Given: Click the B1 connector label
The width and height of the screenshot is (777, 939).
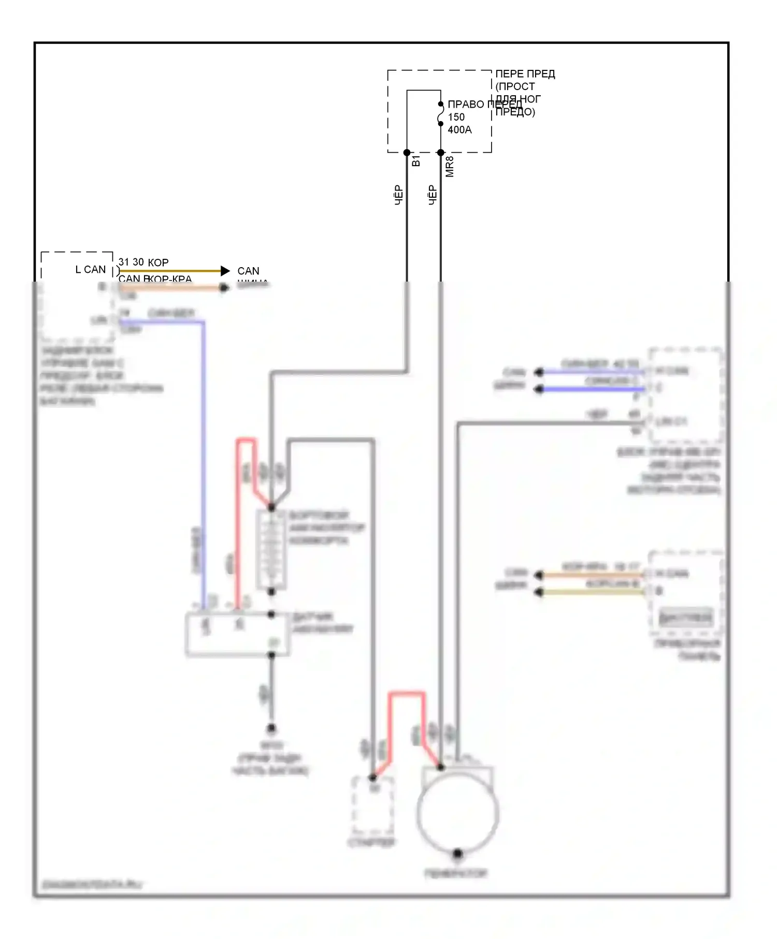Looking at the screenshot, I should coord(415,161).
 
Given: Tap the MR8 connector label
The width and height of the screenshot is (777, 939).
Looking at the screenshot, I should coord(450,167).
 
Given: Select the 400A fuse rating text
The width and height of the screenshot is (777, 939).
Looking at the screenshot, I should coord(459,130).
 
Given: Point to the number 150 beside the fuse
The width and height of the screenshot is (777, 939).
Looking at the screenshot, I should coord(456,118).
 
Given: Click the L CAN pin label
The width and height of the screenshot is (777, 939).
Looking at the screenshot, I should coord(90,270).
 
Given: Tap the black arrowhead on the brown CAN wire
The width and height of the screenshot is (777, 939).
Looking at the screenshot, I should coord(225,271).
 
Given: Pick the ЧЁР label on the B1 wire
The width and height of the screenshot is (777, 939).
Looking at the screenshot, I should coord(398,195).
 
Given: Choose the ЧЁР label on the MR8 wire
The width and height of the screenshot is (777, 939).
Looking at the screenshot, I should coord(433,195).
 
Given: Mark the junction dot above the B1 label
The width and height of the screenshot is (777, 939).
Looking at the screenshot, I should coord(407,153).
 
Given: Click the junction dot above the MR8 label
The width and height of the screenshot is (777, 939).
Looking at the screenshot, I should coord(441,153).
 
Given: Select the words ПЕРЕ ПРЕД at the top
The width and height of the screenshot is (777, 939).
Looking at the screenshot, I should coord(525,74).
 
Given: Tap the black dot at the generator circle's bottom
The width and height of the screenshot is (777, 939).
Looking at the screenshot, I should coord(457,853).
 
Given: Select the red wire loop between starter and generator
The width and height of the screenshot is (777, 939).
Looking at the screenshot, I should coord(407,694).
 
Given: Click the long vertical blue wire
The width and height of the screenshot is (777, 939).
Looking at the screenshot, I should coord(204,456).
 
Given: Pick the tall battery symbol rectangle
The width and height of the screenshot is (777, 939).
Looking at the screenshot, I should coord(271,550).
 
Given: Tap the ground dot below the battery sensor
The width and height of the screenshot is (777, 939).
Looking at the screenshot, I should coord(271,729).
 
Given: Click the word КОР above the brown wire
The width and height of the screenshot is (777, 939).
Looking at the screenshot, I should coord(158,262).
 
